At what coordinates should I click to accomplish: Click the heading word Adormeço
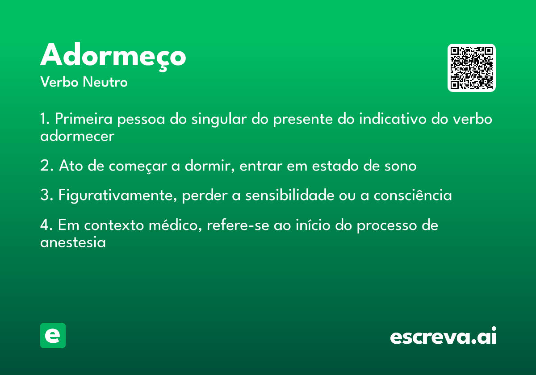point(113,56)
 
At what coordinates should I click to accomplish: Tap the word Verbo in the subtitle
point(59,82)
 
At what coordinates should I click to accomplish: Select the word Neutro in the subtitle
point(105,82)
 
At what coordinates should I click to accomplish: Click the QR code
point(471,68)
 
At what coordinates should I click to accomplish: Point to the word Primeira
point(84,119)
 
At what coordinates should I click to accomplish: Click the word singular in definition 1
point(219,119)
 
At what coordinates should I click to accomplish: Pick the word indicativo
point(393,119)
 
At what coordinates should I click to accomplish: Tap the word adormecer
point(77,136)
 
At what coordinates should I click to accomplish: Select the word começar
point(138,166)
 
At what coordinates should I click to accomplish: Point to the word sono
point(400,166)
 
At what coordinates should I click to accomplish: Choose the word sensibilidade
point(289,195)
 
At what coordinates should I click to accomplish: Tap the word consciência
point(413,195)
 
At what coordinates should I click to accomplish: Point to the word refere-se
point(238,225)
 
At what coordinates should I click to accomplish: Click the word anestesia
point(73,242)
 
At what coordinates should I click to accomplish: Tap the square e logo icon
point(53,335)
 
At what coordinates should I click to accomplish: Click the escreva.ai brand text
point(443,335)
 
